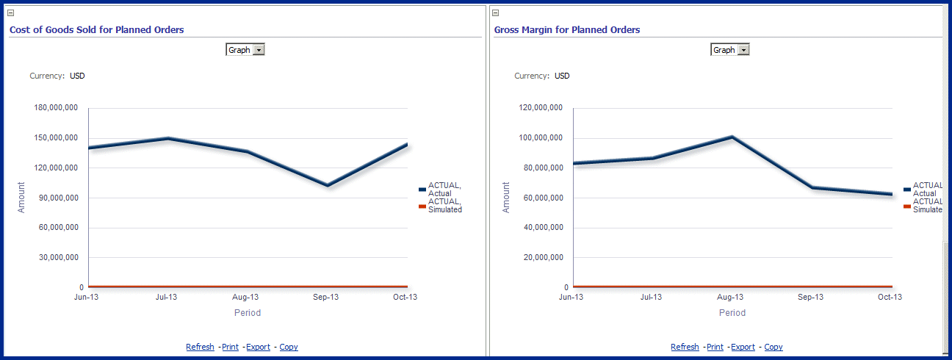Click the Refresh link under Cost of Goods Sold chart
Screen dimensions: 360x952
click(200, 347)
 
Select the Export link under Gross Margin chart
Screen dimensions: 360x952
click(743, 347)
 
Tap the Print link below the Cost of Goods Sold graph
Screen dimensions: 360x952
click(230, 347)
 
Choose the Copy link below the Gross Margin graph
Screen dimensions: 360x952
click(773, 347)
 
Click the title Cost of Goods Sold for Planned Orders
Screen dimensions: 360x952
click(96, 30)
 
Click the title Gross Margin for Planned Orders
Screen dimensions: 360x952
click(566, 30)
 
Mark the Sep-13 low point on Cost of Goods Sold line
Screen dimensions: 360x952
click(327, 185)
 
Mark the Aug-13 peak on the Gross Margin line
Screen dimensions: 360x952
click(732, 137)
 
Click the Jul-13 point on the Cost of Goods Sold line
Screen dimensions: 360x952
click(168, 138)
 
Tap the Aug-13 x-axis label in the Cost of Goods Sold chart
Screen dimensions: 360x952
click(246, 298)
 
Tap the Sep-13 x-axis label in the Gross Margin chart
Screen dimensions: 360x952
click(810, 298)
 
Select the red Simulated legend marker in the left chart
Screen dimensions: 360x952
click(422, 206)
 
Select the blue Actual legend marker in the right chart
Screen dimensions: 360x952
click(907, 190)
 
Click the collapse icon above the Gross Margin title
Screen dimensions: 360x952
click(495, 12)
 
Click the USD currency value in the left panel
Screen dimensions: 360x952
click(77, 76)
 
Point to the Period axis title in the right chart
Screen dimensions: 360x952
click(732, 312)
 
